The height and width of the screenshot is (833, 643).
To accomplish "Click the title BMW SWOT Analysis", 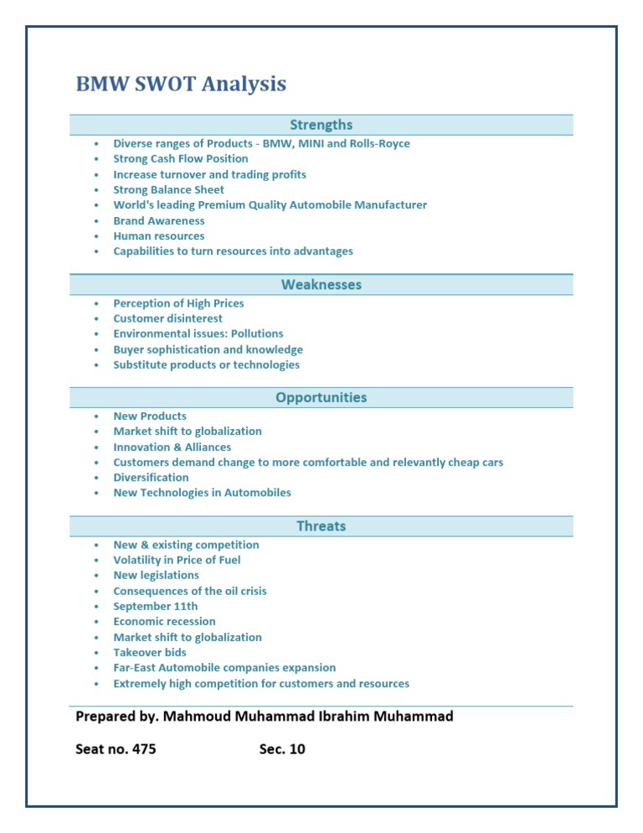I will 181,85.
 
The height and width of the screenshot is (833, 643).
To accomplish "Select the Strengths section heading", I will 321,125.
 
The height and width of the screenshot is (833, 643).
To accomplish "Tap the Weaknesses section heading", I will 321,285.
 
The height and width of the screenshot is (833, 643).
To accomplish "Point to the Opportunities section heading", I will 321,397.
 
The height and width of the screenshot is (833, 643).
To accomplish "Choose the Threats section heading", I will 321,526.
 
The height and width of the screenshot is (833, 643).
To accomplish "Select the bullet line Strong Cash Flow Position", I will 181,158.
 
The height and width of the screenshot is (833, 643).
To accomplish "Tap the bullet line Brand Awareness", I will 159,220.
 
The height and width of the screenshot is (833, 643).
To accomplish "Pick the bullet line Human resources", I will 159,236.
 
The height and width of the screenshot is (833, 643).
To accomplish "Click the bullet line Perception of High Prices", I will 178,303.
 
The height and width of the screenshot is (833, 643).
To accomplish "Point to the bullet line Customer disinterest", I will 168,318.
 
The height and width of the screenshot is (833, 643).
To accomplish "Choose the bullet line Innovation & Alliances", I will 172,447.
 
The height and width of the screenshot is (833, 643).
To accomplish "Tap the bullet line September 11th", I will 156,606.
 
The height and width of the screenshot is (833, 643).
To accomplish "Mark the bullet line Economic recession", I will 165,621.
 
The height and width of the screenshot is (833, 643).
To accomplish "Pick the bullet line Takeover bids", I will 150,652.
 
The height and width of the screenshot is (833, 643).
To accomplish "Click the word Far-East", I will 135,668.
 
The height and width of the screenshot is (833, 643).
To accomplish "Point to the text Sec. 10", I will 283,749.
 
